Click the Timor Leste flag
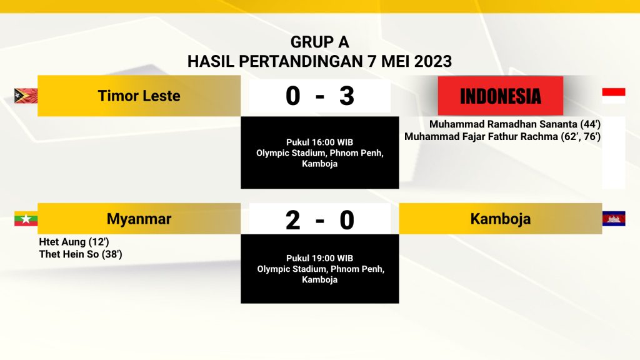tap(26, 96)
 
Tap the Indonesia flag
tap(614, 96)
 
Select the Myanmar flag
tap(26, 219)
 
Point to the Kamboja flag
tap(614, 219)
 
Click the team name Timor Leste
tap(139, 96)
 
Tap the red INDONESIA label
tap(501, 96)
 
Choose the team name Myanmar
tap(139, 219)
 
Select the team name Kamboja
tap(501, 219)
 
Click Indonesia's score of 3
tap(346, 96)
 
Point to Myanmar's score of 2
tap(292, 220)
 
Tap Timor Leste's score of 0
tap(292, 96)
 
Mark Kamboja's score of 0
tap(346, 220)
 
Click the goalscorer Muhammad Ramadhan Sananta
tap(503, 124)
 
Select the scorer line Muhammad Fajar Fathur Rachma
tap(481, 136)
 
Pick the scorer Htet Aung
tap(62, 242)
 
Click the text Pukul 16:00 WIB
tap(319, 142)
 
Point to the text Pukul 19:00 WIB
tap(319, 258)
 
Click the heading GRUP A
tap(319, 42)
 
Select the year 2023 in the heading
tap(433, 61)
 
